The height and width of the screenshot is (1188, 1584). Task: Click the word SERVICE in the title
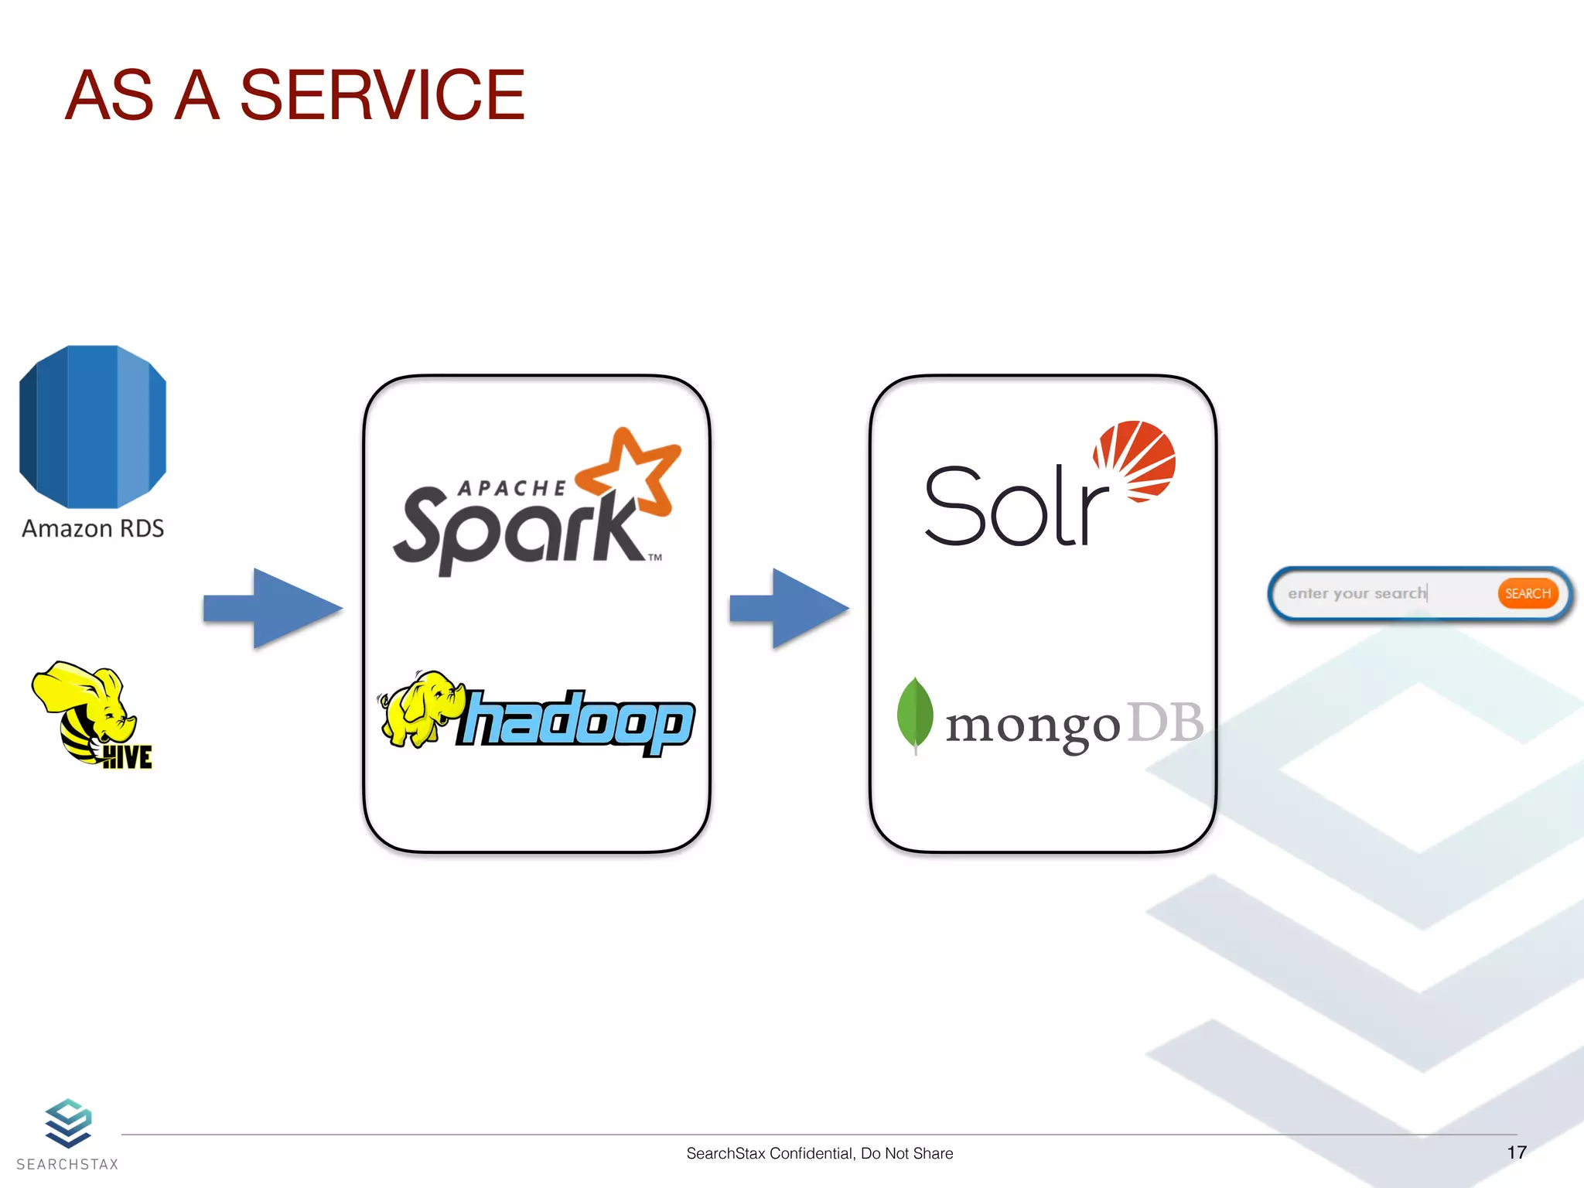[x=382, y=95]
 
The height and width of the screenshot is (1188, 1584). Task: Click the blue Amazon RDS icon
[x=92, y=426]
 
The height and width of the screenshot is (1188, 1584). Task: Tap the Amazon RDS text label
[x=93, y=528]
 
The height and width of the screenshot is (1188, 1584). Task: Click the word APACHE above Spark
[x=511, y=488]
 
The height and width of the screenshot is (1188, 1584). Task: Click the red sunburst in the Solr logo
[x=1135, y=460]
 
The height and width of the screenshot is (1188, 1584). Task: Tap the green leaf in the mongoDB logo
[x=914, y=713]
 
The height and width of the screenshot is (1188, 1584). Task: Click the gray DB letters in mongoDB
[x=1165, y=722]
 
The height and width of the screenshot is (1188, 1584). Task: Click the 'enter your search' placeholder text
[x=1357, y=593]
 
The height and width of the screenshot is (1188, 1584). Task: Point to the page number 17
[x=1516, y=1152]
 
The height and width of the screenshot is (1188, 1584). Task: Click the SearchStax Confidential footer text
[x=819, y=1153]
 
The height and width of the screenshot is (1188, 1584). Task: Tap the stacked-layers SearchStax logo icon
[x=68, y=1123]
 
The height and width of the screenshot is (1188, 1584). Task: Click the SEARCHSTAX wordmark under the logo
[x=68, y=1164]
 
